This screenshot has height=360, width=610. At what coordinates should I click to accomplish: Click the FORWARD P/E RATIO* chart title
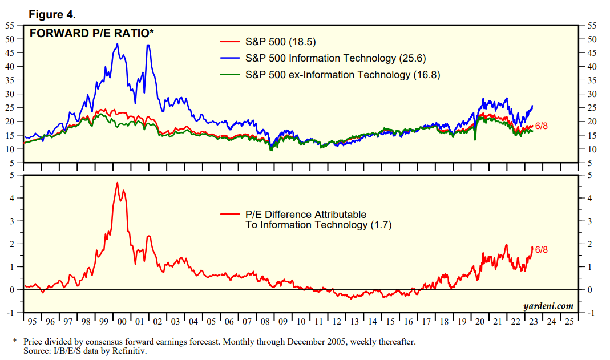click(92, 34)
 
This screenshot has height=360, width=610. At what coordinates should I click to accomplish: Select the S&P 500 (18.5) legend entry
click(280, 42)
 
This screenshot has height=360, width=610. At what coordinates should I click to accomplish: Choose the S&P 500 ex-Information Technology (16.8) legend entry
click(342, 75)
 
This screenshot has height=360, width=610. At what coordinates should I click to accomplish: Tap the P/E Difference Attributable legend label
click(306, 215)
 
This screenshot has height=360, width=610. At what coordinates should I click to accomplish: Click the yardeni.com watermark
click(548, 306)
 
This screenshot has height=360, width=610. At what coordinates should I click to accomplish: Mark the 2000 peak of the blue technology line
click(118, 44)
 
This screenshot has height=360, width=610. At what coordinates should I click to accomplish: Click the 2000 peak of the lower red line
click(118, 183)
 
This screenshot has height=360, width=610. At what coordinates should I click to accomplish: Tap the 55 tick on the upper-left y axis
click(10, 26)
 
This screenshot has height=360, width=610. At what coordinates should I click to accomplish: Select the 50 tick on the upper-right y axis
click(592, 39)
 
